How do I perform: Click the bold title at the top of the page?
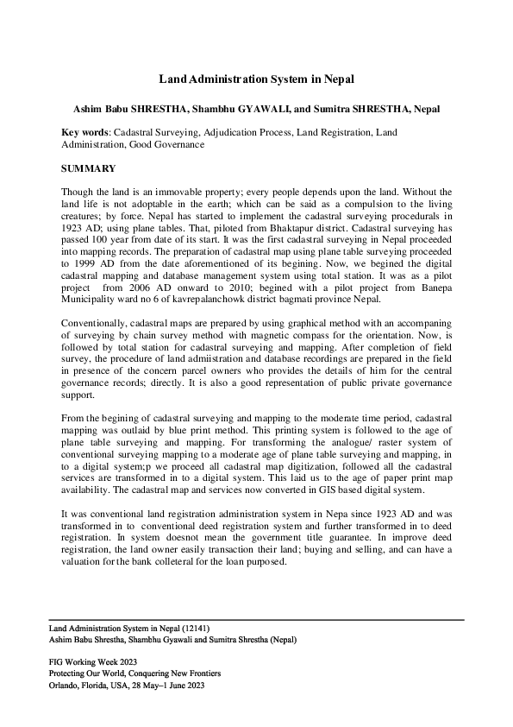[256, 79]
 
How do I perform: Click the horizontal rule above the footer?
[256, 620]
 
